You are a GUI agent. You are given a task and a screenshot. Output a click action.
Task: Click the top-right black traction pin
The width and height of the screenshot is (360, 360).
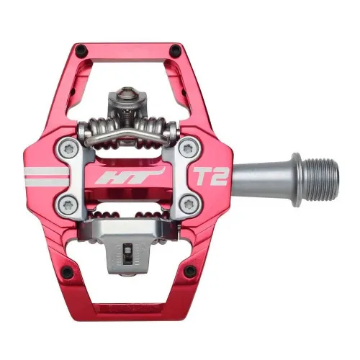pos(176,50)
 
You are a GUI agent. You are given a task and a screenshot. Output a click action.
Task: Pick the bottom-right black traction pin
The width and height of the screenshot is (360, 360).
pos(190,271)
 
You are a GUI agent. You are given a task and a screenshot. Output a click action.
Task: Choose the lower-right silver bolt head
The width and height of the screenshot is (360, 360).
pos(189,202)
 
